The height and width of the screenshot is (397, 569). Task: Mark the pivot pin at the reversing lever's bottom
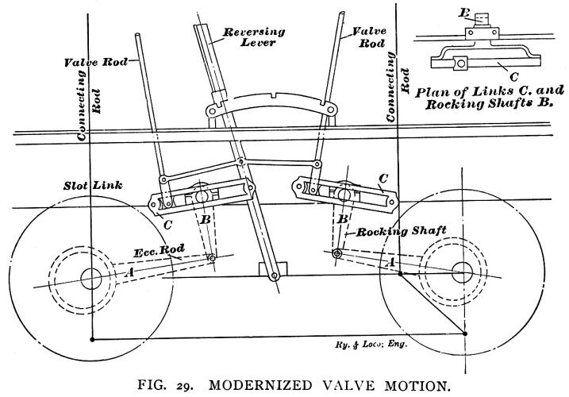(274, 276)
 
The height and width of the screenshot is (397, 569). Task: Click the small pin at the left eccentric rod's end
(212, 259)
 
